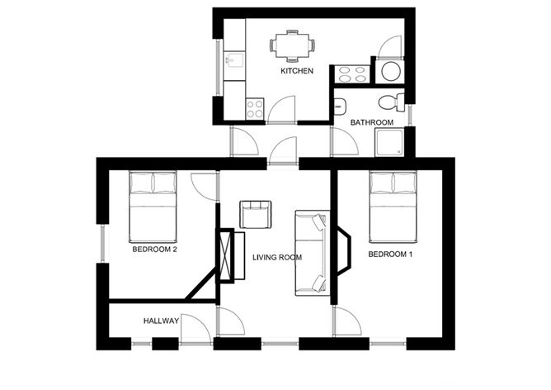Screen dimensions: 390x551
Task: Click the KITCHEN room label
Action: pyautogui.click(x=297, y=72)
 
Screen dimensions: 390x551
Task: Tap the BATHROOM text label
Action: pyautogui.click(x=371, y=122)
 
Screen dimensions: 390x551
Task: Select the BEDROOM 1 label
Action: pyautogui.click(x=390, y=254)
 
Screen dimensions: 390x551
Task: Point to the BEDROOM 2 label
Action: pyautogui.click(x=155, y=249)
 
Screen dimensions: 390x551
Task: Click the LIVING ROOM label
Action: pyautogui.click(x=276, y=258)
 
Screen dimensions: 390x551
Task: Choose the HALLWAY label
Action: pyautogui.click(x=161, y=321)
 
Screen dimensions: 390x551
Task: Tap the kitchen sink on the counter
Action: pyautogui.click(x=233, y=61)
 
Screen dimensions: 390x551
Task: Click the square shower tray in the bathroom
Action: pyautogui.click(x=392, y=141)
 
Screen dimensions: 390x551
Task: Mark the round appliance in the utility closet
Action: pyautogui.click(x=390, y=71)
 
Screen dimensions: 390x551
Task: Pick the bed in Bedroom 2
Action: pyautogui.click(x=153, y=203)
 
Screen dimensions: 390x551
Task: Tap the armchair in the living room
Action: pyautogui.click(x=254, y=213)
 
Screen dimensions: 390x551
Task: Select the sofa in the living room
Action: pyautogui.click(x=313, y=253)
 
